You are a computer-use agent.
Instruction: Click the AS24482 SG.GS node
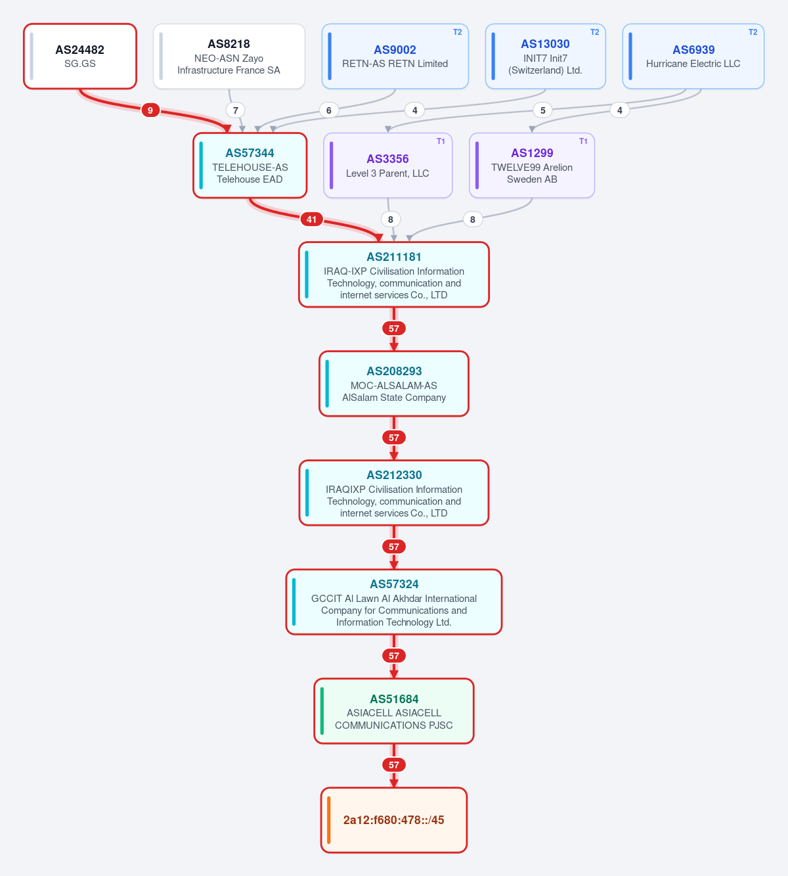click(80, 57)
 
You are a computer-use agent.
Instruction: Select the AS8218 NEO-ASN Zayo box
click(229, 57)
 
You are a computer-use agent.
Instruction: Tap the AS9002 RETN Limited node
click(395, 57)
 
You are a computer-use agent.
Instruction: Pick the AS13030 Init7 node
click(545, 57)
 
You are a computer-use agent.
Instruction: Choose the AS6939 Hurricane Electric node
click(693, 57)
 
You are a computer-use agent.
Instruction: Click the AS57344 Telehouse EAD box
click(250, 166)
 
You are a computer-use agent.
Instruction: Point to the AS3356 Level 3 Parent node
click(387, 166)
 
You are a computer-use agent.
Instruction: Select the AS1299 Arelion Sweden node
click(532, 166)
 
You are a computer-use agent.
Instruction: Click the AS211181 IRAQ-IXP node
click(394, 275)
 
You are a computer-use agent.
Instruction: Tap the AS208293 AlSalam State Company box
click(394, 384)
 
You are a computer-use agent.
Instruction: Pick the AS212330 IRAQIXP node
click(394, 493)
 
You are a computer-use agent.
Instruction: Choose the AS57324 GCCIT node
click(394, 602)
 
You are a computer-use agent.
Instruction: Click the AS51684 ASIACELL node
click(394, 711)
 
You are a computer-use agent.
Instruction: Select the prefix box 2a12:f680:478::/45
click(394, 821)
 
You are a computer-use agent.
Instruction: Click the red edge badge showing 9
click(150, 110)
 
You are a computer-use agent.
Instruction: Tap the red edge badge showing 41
click(311, 219)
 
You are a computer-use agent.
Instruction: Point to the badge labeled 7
click(235, 110)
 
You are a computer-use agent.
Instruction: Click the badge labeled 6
click(329, 110)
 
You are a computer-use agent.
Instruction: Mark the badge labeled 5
click(542, 110)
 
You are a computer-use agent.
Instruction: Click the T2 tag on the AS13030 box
click(594, 32)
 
